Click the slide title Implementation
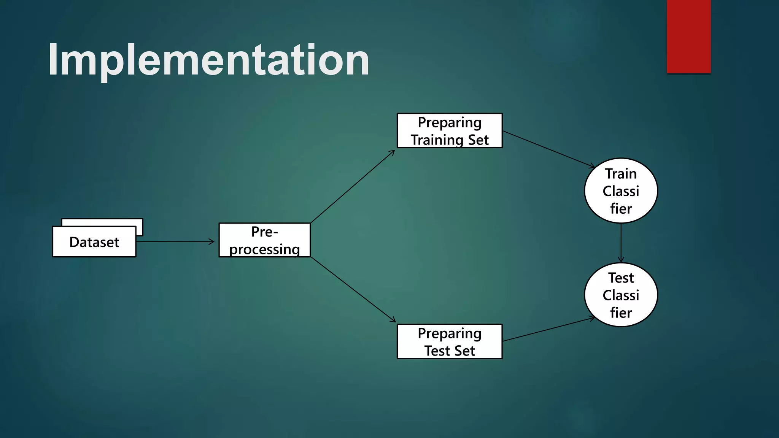click(x=208, y=60)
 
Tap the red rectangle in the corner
click(x=688, y=36)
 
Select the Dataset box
click(x=94, y=242)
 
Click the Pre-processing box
click(x=265, y=240)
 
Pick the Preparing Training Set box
click(x=450, y=131)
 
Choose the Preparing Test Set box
click(x=450, y=341)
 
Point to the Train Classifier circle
click(x=621, y=190)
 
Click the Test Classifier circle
click(x=621, y=295)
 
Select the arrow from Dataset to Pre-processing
click(x=175, y=241)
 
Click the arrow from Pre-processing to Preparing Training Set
click(x=353, y=187)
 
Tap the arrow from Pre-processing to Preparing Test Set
click(x=353, y=290)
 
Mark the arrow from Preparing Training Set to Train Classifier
click(x=548, y=149)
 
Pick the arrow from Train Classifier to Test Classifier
click(x=621, y=243)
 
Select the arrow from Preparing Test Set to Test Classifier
click(x=548, y=329)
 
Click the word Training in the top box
click(x=437, y=140)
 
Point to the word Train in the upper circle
click(x=621, y=174)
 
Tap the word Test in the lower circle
click(x=621, y=278)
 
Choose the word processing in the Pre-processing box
click(x=265, y=249)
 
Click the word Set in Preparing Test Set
click(x=466, y=351)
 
